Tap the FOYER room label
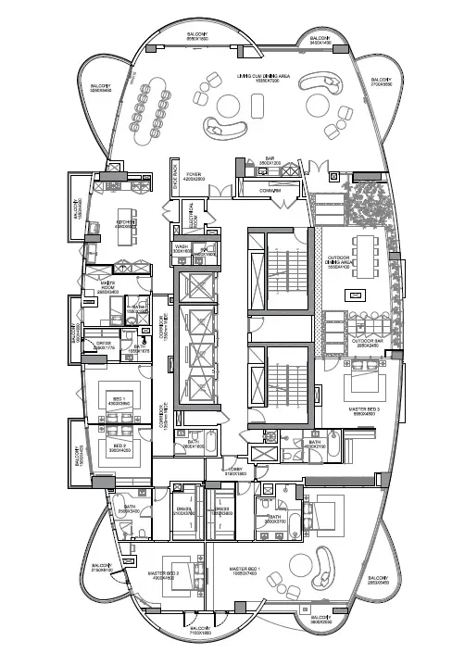[x=194, y=176]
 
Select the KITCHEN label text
[x=127, y=223]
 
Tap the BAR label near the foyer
[x=270, y=160]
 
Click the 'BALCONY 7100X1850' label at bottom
[x=201, y=631]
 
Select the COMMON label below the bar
[x=270, y=191]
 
